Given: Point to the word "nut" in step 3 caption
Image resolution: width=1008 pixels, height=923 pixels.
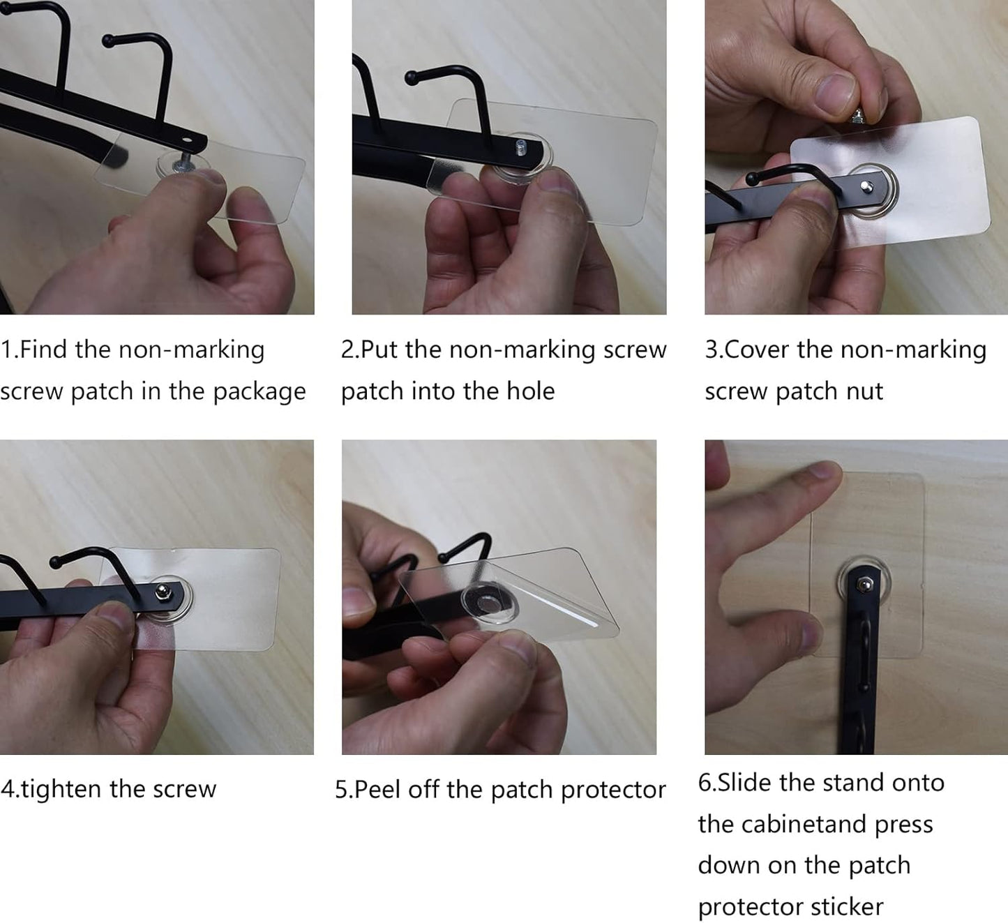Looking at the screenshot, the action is (x=866, y=391).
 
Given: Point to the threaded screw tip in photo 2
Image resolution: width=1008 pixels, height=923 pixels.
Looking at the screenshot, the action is (x=520, y=147).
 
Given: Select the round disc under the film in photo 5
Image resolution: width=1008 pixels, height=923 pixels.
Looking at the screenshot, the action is (x=486, y=601).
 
